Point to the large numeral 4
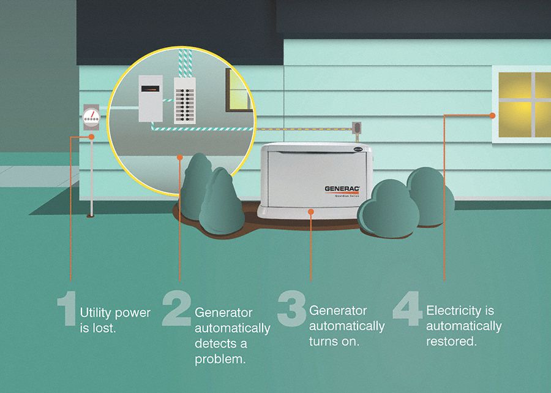pyautogui.click(x=407, y=308)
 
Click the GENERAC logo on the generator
pyautogui.click(x=342, y=189)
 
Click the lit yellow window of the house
pyautogui.click(x=523, y=104)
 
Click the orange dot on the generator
pyautogui.click(x=311, y=212)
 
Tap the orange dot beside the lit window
pyautogui.click(x=493, y=115)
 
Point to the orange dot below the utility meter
pyautogui.click(x=91, y=137)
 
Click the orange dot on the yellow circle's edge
pyautogui.click(x=179, y=158)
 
